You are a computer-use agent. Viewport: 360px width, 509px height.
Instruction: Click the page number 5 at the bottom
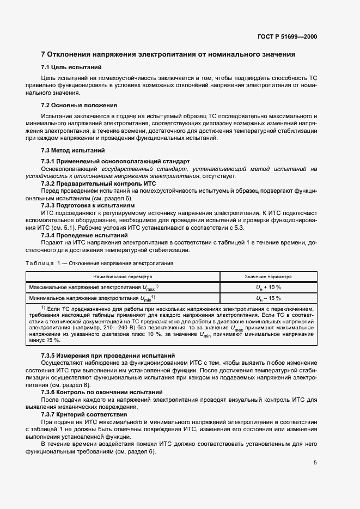tap(315, 463)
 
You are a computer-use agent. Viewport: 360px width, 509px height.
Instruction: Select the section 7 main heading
tap(168, 54)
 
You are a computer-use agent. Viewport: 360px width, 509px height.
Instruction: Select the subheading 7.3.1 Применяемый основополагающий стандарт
tap(115, 161)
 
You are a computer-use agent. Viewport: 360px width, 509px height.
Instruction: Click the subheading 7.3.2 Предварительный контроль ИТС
tap(99, 183)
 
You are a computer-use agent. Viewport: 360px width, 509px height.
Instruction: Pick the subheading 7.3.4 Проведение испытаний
tap(84, 235)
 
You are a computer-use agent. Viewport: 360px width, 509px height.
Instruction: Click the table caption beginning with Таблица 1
tap(100, 263)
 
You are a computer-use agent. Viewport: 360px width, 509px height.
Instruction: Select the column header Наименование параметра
tap(123, 276)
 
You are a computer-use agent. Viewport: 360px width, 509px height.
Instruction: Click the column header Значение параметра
tap(269, 276)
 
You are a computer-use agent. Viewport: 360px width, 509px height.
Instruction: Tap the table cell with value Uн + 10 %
tap(269, 287)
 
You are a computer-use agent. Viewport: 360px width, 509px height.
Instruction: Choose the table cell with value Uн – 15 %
tap(269, 298)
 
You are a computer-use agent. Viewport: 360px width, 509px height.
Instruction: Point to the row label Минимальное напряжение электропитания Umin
tap(93, 298)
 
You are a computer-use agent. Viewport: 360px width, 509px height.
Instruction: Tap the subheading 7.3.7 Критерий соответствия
tap(84, 414)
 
